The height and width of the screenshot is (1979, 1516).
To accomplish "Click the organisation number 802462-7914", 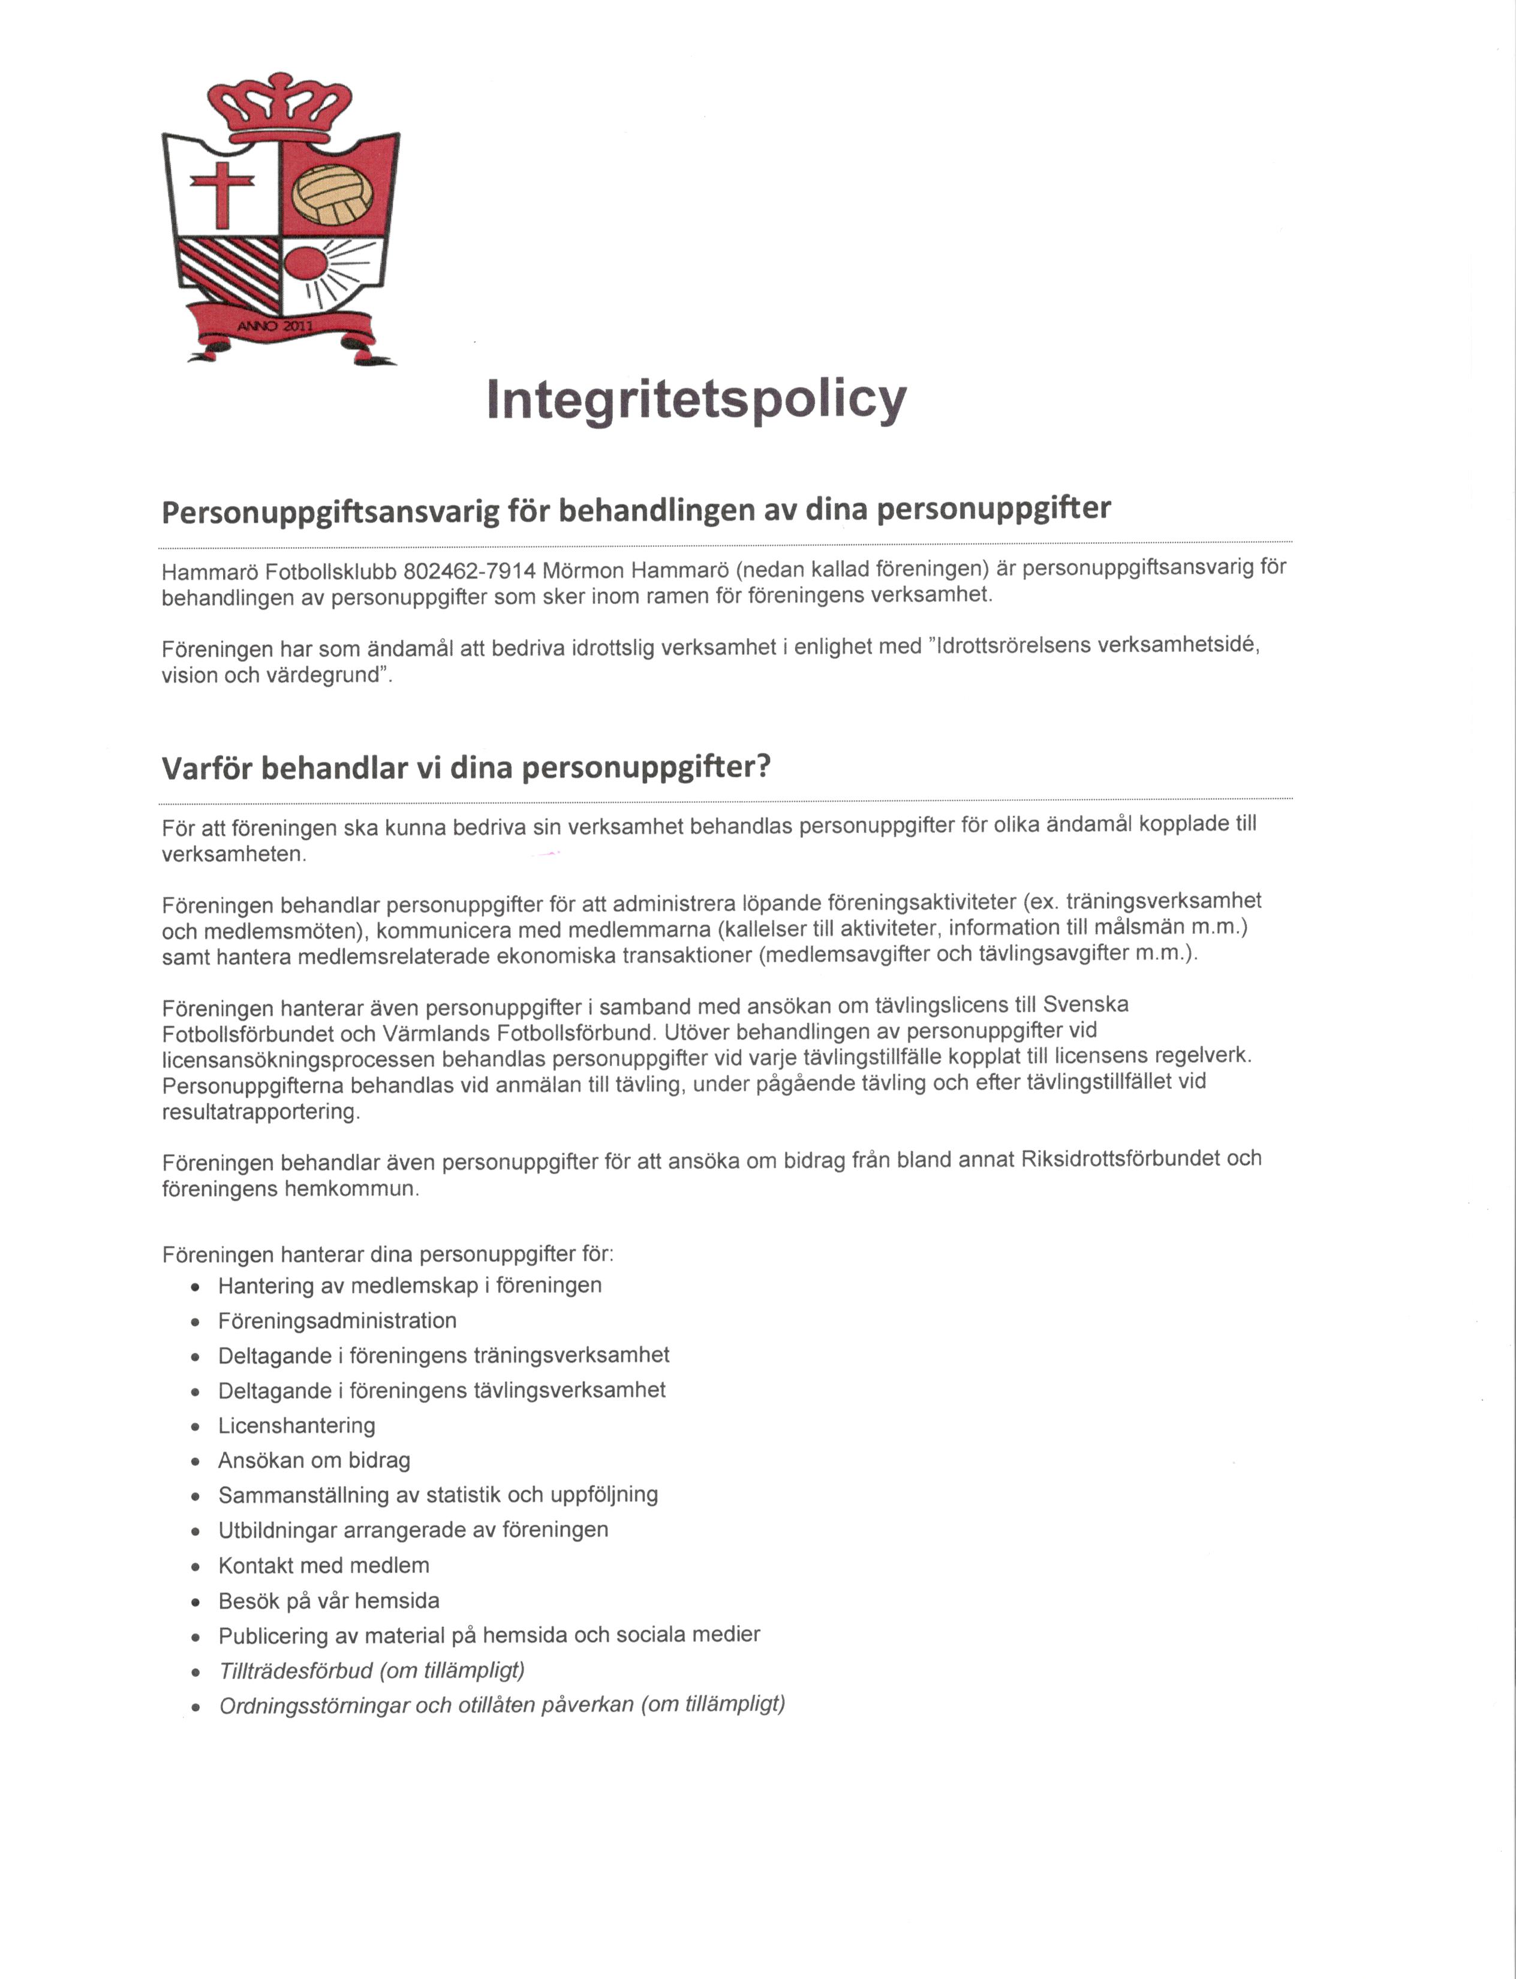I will coord(469,572).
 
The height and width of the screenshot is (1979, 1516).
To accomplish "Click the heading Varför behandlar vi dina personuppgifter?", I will coord(465,768).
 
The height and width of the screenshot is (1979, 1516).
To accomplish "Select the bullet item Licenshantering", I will coord(296,1426).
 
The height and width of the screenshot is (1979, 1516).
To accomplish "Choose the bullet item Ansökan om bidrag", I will coord(314,1460).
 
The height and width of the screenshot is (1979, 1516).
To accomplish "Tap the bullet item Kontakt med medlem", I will coord(323,1566).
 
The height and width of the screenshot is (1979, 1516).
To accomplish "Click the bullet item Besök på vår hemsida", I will coord(329,1601).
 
